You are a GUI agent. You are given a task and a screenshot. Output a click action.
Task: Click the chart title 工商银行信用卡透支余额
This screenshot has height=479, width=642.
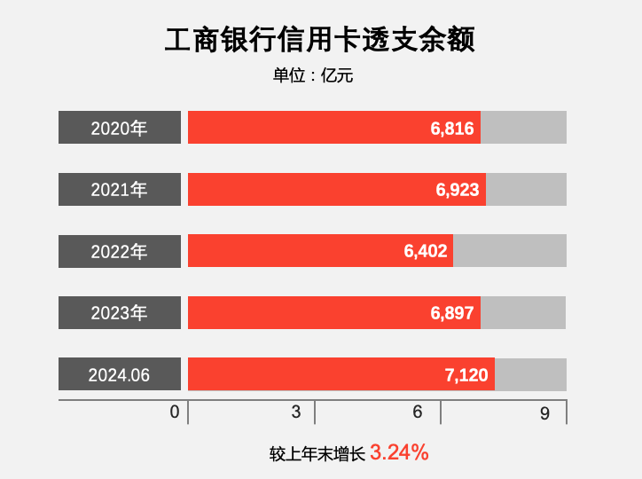320,41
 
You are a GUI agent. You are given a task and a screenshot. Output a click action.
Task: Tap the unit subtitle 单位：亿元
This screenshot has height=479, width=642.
313,76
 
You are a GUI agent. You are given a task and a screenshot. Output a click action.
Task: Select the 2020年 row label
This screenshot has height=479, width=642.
120,128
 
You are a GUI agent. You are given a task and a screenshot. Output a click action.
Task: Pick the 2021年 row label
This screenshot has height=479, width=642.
120,189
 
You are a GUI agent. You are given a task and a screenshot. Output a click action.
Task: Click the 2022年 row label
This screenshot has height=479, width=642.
120,251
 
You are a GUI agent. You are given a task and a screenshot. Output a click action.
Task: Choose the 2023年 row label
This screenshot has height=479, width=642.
120,312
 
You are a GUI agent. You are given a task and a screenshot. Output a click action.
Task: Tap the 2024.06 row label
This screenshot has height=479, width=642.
120,374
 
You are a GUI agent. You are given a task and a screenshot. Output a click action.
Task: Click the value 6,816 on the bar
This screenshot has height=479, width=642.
452,128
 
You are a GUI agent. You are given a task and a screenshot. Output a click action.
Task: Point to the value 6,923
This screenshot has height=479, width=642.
458,189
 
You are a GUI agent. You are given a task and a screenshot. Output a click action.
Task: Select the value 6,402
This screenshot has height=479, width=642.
426,251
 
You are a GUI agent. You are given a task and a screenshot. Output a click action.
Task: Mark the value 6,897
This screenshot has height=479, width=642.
452,312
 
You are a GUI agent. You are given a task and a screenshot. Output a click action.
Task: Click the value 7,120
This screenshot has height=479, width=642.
466,374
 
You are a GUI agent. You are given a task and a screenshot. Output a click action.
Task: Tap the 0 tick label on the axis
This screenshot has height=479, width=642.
175,412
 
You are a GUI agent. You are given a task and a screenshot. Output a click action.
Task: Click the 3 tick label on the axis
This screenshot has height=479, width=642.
296,412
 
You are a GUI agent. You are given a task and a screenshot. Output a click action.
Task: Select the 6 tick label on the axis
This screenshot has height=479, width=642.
417,412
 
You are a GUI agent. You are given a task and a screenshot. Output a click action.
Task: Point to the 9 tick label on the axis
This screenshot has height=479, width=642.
544,412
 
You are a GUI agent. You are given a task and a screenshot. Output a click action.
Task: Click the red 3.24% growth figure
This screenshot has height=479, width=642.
399,452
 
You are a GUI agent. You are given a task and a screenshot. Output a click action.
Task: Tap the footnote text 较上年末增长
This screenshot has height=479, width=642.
317,453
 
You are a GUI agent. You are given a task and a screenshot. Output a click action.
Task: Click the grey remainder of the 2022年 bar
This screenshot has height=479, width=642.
510,251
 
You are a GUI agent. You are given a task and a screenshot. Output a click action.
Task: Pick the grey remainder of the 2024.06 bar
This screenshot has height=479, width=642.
530,374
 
